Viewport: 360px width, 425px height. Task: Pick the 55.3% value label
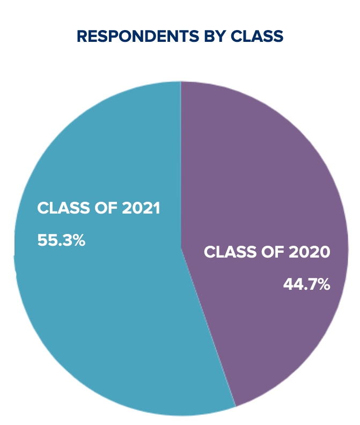61,240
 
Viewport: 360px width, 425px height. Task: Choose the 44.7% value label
306,284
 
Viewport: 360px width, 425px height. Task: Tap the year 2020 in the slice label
310,252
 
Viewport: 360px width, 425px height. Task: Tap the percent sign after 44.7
324,284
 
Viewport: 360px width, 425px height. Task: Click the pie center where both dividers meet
181,248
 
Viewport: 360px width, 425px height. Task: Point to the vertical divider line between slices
181,161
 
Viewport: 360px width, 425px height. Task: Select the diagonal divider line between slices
208,327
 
